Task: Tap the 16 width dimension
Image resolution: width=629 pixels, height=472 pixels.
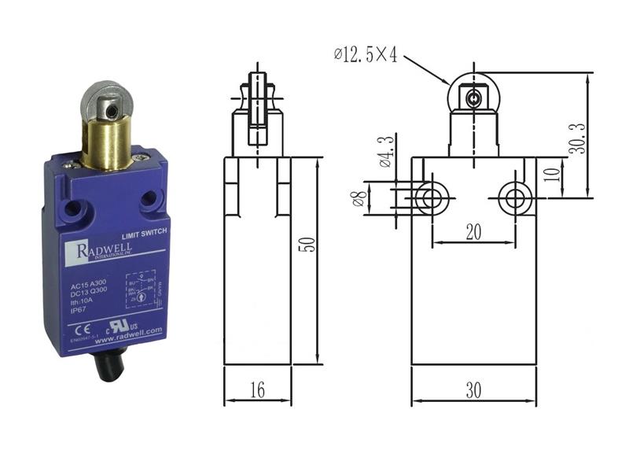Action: [257, 389]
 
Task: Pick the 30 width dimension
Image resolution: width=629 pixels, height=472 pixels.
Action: [473, 389]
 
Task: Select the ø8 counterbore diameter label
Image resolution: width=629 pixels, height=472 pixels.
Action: [378, 198]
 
